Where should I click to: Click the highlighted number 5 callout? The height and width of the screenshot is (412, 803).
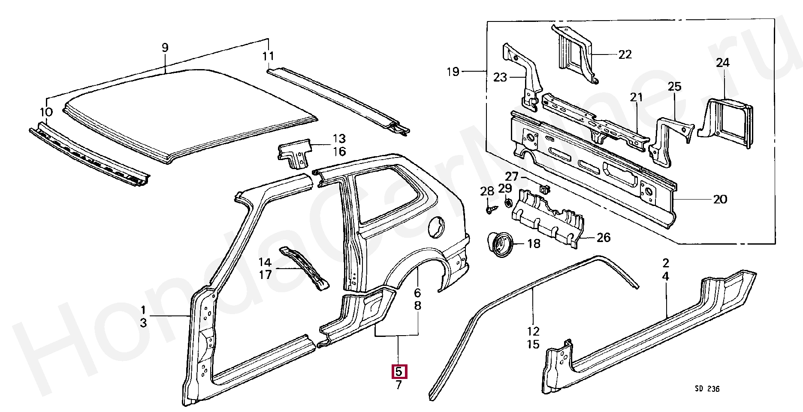[398, 372]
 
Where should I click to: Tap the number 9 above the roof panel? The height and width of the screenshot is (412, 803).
[165, 48]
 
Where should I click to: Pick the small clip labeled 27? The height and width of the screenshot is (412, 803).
[544, 188]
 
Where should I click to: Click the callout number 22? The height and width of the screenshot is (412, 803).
[625, 55]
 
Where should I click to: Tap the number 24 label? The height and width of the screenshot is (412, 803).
[722, 63]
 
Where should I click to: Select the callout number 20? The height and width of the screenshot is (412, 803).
[720, 199]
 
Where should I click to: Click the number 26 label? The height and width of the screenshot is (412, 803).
[603, 237]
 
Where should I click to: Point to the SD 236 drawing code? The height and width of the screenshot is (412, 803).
[707, 389]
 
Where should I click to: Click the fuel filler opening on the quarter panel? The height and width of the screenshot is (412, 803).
[436, 226]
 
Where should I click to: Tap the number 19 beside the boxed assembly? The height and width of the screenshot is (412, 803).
[453, 72]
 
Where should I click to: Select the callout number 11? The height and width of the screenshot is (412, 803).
[268, 56]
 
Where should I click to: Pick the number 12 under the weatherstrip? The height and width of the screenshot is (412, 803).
[533, 331]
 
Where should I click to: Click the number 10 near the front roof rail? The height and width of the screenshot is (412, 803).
[46, 112]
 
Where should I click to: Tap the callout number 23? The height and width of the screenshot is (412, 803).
[500, 77]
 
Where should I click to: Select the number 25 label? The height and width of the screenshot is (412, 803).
[674, 87]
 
